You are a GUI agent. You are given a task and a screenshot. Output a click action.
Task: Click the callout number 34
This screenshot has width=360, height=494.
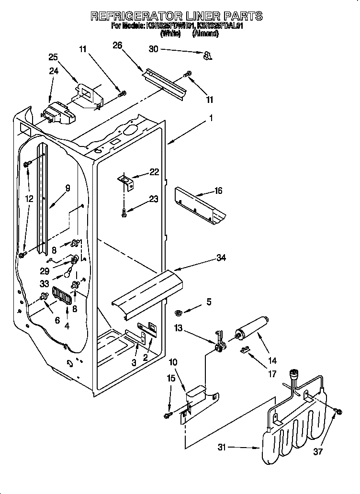click(x=221, y=258)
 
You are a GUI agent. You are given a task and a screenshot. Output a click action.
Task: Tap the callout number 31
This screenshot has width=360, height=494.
click(x=222, y=448)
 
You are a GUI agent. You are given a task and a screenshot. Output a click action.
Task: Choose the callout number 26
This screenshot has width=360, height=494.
click(x=117, y=45)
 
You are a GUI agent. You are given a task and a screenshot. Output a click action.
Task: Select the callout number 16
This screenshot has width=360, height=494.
click(x=218, y=191)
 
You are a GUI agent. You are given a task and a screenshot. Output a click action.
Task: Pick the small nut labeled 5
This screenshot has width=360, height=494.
click(x=179, y=313)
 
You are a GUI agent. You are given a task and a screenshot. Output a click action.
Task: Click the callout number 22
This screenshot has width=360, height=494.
click(x=154, y=172)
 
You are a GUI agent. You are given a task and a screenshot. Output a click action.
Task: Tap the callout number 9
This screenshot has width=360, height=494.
click(x=67, y=188)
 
